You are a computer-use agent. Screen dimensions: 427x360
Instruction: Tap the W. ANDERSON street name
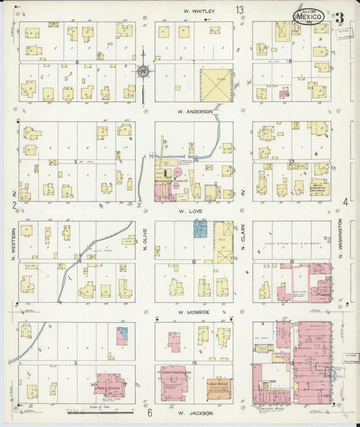tap(195, 111)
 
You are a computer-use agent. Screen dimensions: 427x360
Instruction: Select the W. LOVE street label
tap(195, 211)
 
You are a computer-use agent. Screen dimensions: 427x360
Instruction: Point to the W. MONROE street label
tap(195, 311)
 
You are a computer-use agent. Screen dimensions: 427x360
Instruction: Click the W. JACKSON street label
tap(195, 412)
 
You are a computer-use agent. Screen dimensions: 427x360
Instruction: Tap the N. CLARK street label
tap(242, 242)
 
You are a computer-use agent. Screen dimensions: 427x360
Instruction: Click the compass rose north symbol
tap(143, 70)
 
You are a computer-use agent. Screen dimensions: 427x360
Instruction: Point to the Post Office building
tap(217, 386)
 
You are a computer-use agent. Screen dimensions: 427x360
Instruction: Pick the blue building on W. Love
tap(200, 229)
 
